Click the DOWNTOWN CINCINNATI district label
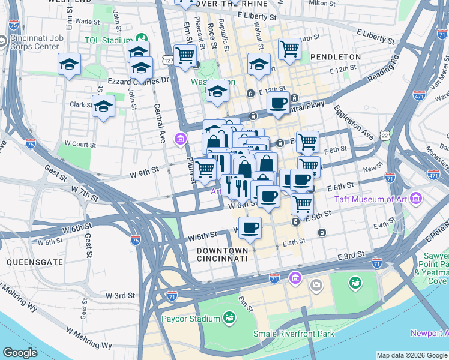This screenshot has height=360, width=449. [222, 254]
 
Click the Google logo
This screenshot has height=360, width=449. [20, 352]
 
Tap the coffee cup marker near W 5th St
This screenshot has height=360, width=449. [250, 227]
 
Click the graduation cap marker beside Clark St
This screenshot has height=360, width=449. [103, 106]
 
